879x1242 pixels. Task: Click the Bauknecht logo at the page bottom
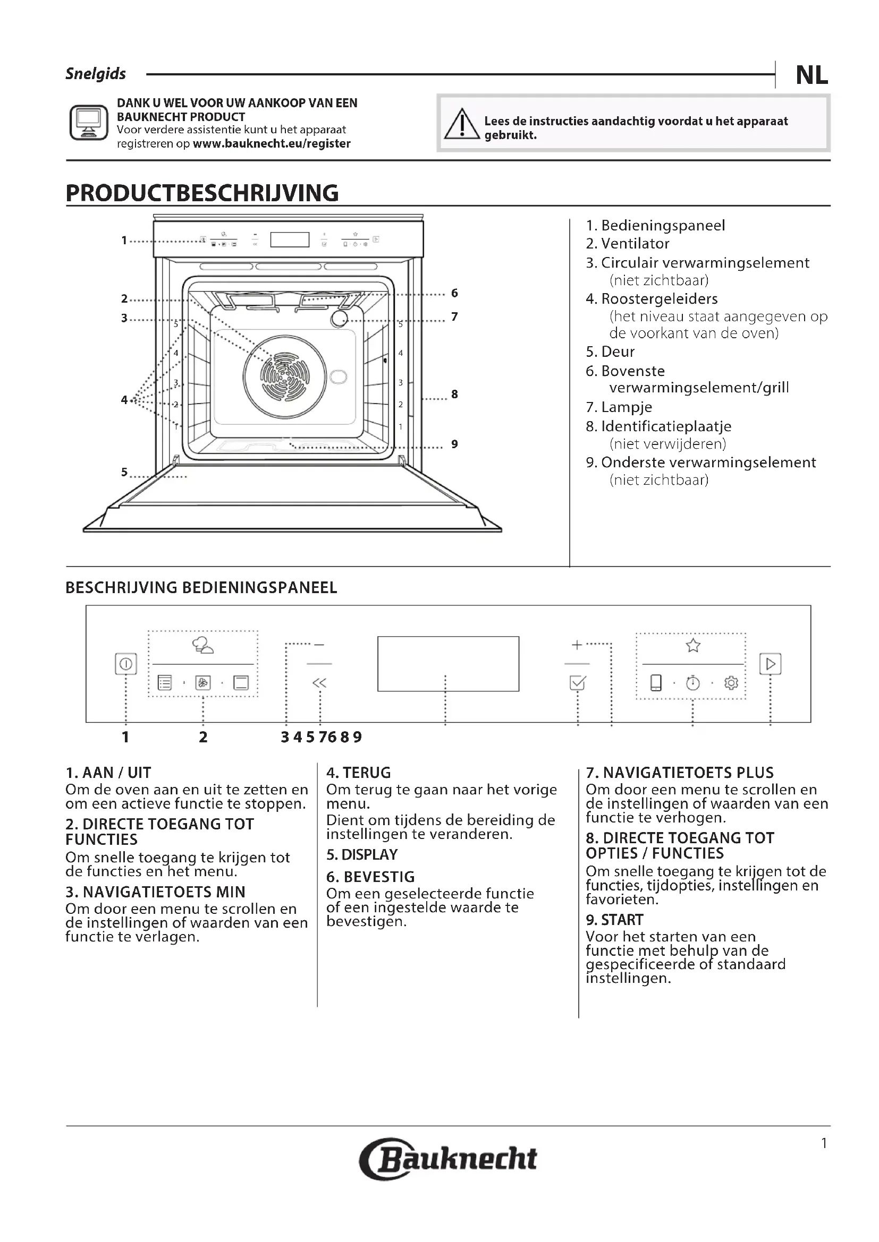click(x=448, y=1159)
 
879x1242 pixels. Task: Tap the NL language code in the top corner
click(x=811, y=75)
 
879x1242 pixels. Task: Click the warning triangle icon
click(x=462, y=124)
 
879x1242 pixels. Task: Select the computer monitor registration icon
click(x=89, y=123)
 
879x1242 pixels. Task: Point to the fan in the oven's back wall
click(x=285, y=376)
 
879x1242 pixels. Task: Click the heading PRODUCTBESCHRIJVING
click(x=202, y=193)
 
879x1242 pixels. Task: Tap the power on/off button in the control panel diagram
click(x=125, y=664)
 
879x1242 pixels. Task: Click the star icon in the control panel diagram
click(x=693, y=645)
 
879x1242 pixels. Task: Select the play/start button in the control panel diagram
click(x=770, y=664)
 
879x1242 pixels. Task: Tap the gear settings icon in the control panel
click(x=731, y=683)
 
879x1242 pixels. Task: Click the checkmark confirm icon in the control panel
click(x=578, y=683)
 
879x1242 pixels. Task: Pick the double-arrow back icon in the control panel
click(x=319, y=683)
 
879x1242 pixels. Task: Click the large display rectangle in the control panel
click(x=448, y=664)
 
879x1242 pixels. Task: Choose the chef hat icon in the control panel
click(x=202, y=645)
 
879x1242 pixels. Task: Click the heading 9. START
click(x=614, y=920)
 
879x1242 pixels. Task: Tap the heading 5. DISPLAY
click(x=361, y=855)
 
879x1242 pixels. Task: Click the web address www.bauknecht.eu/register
click(x=272, y=144)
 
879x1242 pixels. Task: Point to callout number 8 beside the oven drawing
click(x=455, y=395)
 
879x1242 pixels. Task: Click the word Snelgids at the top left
click(x=96, y=74)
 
